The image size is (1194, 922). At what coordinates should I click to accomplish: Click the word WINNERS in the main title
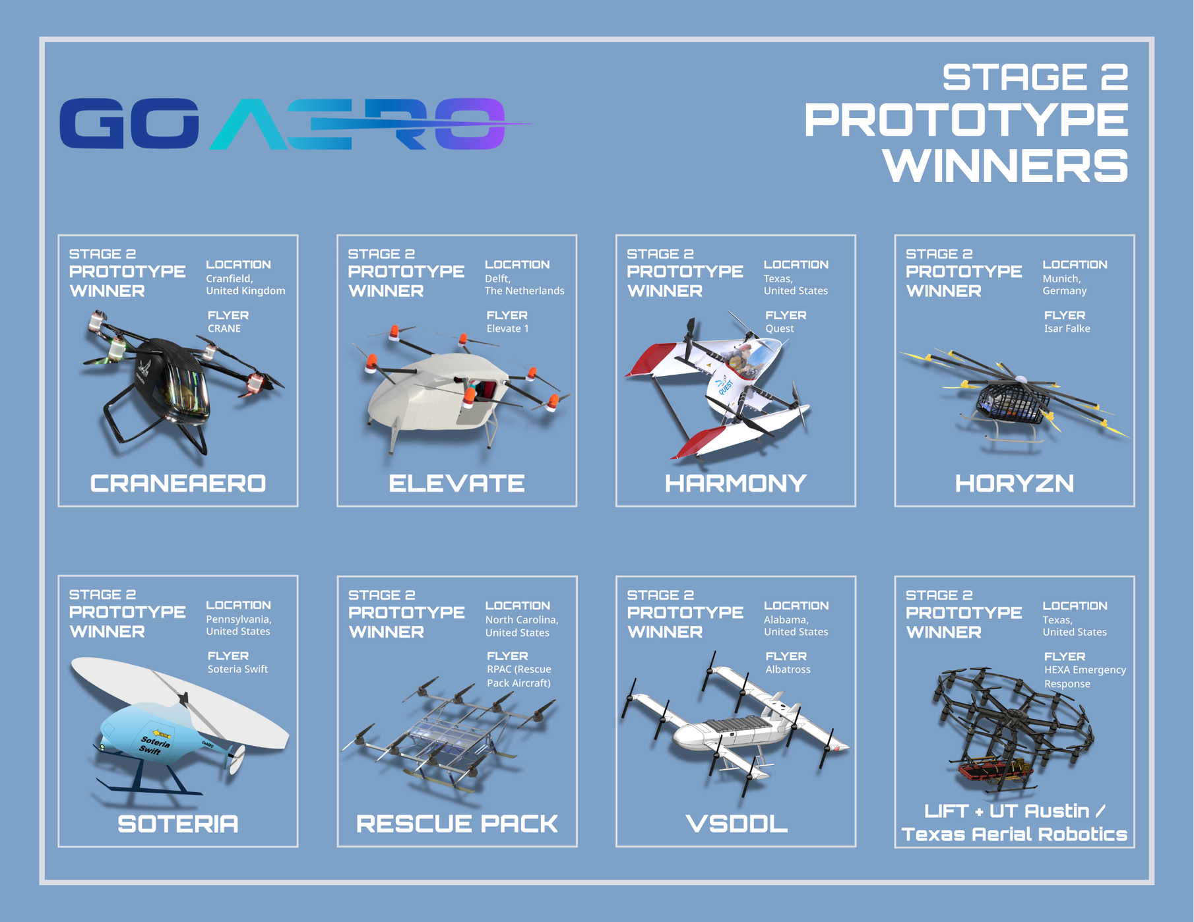[x=1006, y=166]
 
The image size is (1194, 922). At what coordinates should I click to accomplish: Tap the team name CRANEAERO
[x=178, y=483]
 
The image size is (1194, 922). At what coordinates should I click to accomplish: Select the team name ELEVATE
[x=456, y=483]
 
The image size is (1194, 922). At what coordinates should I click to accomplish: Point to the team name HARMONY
[x=736, y=483]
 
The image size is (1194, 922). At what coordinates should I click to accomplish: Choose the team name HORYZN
[x=1015, y=483]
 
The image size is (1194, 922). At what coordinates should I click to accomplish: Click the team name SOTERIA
[x=178, y=824]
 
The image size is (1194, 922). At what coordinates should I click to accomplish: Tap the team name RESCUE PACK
[x=457, y=824]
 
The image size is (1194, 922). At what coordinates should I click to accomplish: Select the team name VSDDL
[x=736, y=824]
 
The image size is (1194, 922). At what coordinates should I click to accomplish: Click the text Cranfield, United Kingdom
[x=245, y=284]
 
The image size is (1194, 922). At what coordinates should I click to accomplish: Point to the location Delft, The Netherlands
[x=524, y=284]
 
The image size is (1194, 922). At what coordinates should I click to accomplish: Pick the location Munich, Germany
[x=1065, y=284]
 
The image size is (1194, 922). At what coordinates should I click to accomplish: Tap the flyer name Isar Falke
[x=1067, y=328]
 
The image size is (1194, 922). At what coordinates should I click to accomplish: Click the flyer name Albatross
[x=788, y=669]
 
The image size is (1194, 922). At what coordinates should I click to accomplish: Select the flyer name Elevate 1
[x=507, y=328]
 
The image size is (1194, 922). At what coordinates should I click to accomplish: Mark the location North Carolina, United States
[x=522, y=626]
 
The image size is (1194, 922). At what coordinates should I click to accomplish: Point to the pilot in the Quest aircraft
[x=740, y=359]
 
